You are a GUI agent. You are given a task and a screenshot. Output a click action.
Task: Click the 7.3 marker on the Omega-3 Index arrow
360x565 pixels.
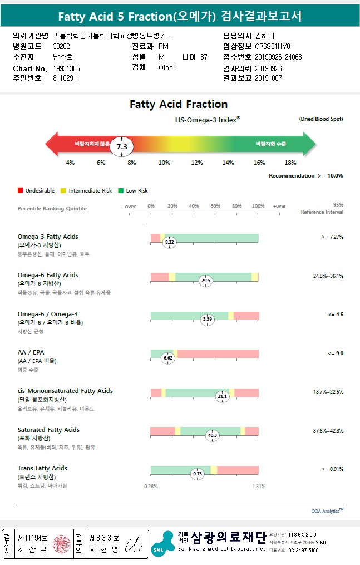point(122,146)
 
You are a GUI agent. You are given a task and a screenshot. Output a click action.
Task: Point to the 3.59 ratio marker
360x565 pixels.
point(207,320)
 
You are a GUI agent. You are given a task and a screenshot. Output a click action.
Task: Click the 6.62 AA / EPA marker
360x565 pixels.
point(169,358)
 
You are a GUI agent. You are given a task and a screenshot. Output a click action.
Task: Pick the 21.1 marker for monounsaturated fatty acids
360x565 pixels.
point(222,396)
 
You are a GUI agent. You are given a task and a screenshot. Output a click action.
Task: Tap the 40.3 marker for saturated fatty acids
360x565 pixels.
point(212,435)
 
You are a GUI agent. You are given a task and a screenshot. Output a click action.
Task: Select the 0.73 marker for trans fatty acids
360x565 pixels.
point(197,474)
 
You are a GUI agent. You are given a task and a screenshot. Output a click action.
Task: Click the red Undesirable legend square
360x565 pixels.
point(20,191)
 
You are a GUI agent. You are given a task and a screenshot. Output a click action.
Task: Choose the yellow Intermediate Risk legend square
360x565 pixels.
point(63,191)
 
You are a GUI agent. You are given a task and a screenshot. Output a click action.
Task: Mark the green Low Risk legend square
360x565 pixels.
point(120,191)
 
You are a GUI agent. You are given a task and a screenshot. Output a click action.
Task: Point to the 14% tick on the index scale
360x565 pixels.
point(228,163)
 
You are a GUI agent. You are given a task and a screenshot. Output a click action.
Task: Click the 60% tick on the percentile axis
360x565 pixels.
point(215,206)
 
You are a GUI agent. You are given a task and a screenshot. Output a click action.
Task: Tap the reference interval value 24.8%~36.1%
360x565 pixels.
point(328,276)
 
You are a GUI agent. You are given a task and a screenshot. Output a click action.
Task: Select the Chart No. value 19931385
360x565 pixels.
point(67,68)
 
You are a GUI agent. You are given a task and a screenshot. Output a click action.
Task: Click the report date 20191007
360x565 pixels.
point(269,78)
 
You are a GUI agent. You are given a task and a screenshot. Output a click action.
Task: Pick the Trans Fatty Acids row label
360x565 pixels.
point(42,468)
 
